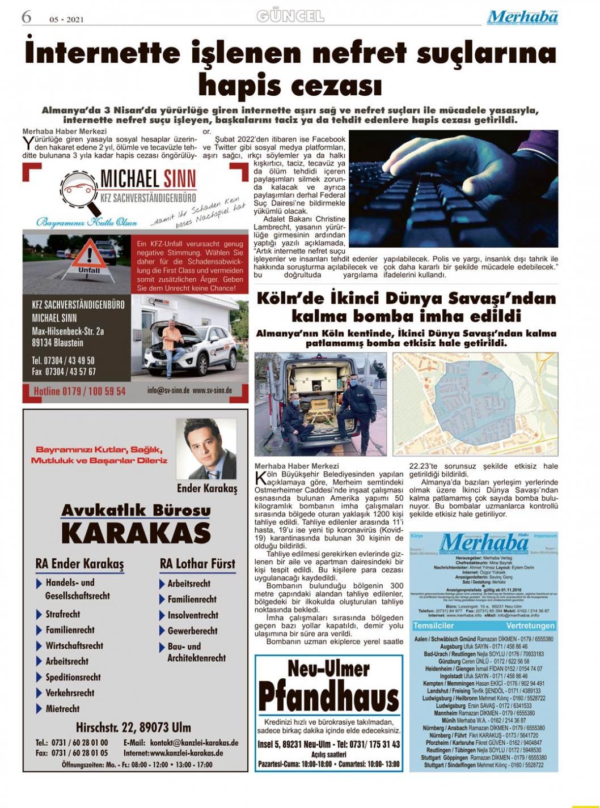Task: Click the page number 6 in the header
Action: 26,17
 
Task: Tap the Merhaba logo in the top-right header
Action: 522,17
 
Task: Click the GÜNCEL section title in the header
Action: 290,16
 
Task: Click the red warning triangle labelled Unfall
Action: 89,257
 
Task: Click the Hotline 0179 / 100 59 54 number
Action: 79,391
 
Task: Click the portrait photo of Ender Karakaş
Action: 206,449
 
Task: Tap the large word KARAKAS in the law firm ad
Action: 136,533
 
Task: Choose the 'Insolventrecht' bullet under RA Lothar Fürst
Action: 192,615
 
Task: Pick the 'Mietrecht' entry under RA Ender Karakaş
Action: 62,708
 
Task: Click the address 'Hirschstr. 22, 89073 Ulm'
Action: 133,727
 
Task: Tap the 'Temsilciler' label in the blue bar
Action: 434,626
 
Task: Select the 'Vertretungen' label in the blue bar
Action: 530,626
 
